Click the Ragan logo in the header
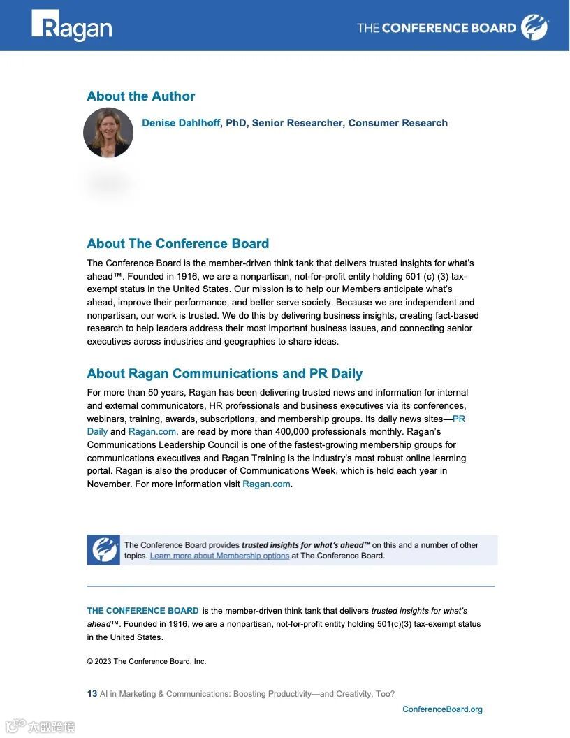point(71,27)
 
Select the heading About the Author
point(140,96)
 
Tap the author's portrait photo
point(108,132)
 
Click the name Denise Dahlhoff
point(181,123)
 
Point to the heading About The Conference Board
point(177,244)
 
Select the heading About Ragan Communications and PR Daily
point(224,374)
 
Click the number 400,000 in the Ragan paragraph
point(304,432)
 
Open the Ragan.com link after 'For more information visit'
point(265,484)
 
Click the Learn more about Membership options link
point(219,556)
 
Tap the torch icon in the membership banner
point(103,550)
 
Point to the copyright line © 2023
point(147,661)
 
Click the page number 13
point(92,694)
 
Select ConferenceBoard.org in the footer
point(442,709)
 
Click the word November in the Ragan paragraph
point(105,484)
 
